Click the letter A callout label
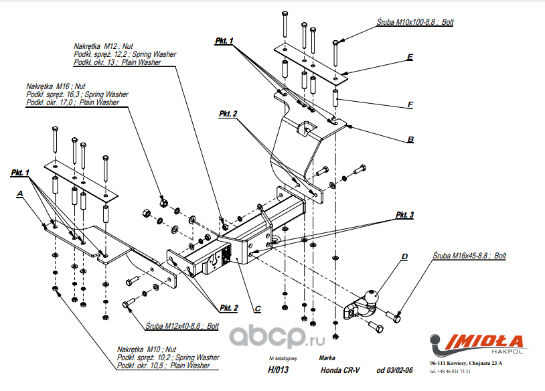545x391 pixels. tap(21, 193)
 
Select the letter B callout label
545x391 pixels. tap(410, 140)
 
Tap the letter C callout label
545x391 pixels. tap(257, 309)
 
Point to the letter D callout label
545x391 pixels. tap(404, 256)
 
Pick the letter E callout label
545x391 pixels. tap(409, 58)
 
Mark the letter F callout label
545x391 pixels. tap(410, 104)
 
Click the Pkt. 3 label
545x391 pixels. tap(404, 215)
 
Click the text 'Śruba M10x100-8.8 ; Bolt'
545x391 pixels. tap(415, 22)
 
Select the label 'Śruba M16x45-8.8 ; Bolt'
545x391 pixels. tap(469, 256)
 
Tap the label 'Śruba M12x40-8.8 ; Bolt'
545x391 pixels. tap(182, 327)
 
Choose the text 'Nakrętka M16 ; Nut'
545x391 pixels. tap(56, 86)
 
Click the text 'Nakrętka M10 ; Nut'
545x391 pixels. tap(147, 349)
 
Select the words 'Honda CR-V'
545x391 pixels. tap(338, 370)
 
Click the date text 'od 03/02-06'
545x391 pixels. tap(395, 370)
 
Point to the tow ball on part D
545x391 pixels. tap(372, 294)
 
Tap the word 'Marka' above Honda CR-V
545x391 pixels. tap(327, 358)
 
